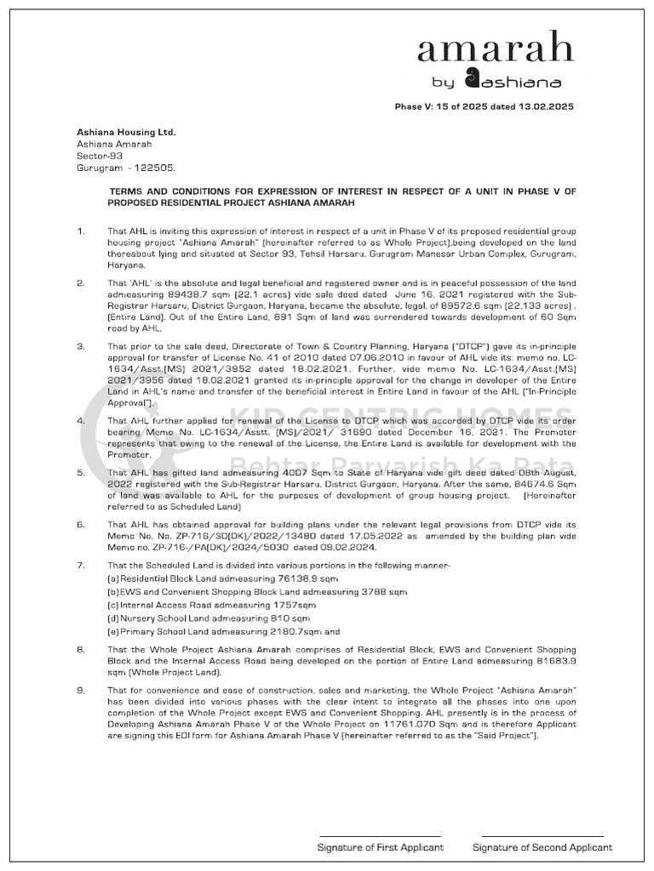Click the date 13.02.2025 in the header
(545, 107)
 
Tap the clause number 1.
(80, 231)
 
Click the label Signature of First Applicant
(380, 847)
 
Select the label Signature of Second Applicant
(542, 847)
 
